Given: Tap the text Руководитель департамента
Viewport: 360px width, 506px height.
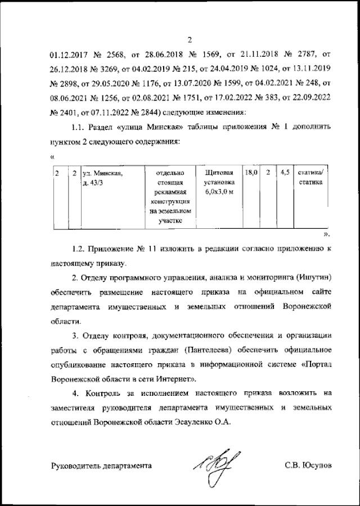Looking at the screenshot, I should point(101,466).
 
